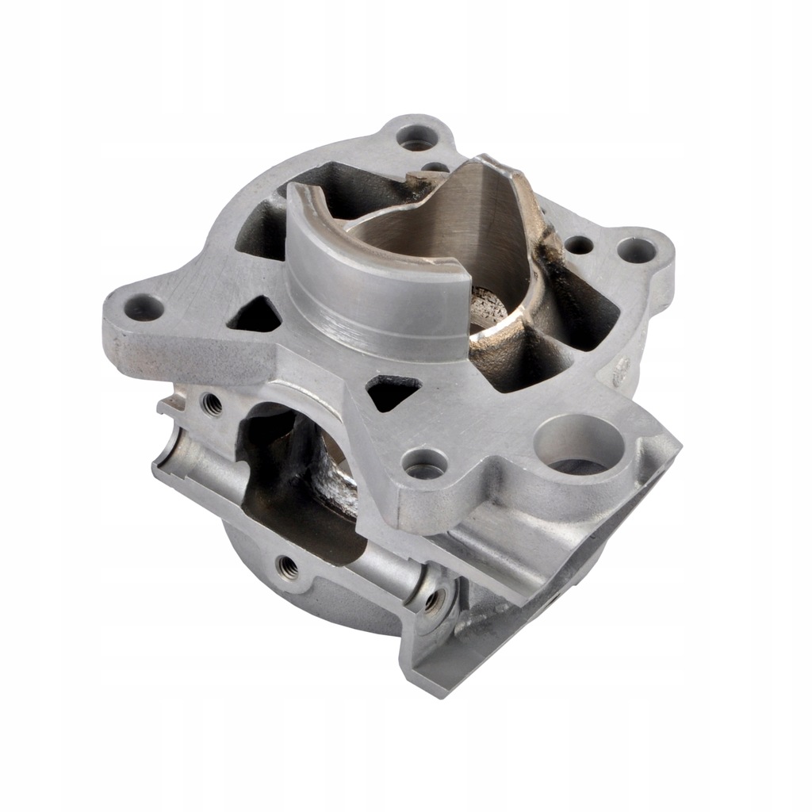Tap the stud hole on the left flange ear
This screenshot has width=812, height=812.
(144, 307)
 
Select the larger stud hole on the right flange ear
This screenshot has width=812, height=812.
(636, 251)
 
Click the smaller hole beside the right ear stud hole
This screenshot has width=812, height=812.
(580, 245)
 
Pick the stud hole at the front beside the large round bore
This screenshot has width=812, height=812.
(425, 463)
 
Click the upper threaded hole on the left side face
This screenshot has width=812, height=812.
(212, 404)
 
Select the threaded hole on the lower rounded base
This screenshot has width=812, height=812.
(288, 566)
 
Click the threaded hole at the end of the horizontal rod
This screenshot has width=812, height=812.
(434, 600)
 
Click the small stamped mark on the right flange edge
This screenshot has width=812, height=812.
(622, 366)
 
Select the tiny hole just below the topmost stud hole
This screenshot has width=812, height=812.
(435, 167)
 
